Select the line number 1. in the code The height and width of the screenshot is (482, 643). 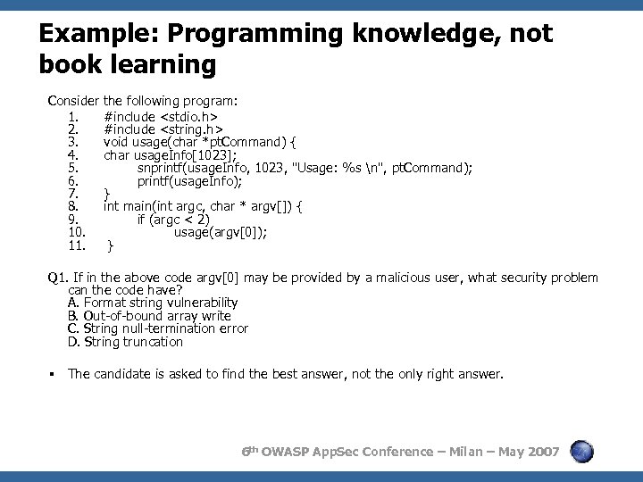[x=74, y=116]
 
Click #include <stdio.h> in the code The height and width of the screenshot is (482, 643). [x=162, y=116]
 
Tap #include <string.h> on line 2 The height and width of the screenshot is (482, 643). [x=163, y=129]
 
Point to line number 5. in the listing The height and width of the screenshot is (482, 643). [x=74, y=168]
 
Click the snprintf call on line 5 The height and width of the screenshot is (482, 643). [x=305, y=168]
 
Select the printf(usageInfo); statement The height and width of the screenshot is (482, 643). [x=189, y=180]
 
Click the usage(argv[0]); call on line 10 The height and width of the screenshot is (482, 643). [x=221, y=232]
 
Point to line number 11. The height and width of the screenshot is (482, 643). [x=76, y=245]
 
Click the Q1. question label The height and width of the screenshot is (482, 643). [x=59, y=278]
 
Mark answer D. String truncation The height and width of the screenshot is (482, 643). [x=125, y=341]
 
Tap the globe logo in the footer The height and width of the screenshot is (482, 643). [x=582, y=452]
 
